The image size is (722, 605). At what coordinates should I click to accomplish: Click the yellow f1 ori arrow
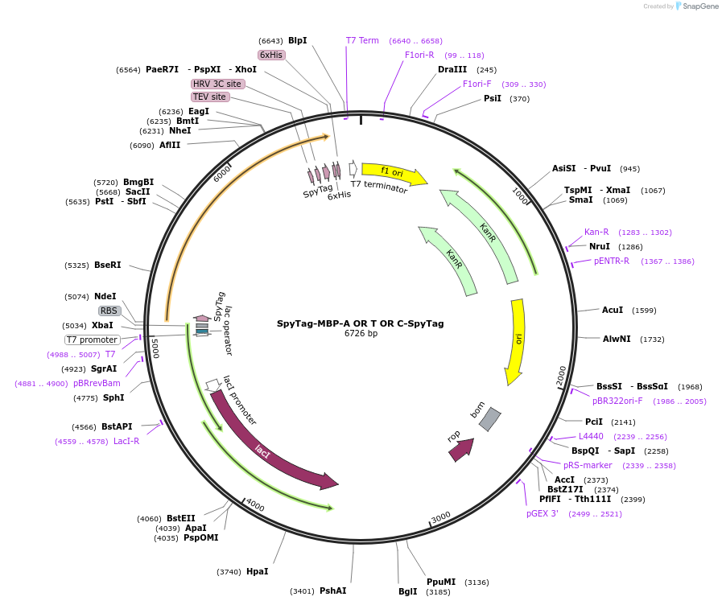coord(394,173)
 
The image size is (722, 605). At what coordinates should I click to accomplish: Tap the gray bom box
coord(490,419)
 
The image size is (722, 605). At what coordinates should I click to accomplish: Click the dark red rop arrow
coord(462,450)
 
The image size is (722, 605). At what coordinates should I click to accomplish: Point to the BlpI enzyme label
coord(298,40)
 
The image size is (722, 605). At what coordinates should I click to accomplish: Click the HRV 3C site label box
coord(217,84)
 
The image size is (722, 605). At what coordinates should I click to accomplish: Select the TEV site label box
coord(210,97)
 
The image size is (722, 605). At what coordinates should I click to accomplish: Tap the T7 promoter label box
coord(93,340)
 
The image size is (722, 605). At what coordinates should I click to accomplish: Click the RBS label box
coord(109,311)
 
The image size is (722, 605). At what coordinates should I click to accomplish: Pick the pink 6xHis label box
coord(271,55)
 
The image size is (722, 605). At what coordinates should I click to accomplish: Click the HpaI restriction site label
coord(258,571)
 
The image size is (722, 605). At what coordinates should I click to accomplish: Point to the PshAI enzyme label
coord(333,591)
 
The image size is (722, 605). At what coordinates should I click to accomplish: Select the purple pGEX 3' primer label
coord(543,513)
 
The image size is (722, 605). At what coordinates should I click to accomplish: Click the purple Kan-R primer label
coord(596,232)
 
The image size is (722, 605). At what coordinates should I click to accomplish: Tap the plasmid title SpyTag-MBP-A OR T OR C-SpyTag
coord(361,323)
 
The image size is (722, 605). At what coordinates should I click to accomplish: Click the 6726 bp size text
coord(361,333)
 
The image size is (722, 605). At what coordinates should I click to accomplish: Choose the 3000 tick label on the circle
coord(440,517)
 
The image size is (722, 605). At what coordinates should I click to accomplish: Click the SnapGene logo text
coord(701,6)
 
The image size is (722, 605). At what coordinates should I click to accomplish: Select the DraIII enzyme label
coord(452,69)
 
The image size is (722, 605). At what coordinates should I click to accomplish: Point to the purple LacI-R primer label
coord(126,441)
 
